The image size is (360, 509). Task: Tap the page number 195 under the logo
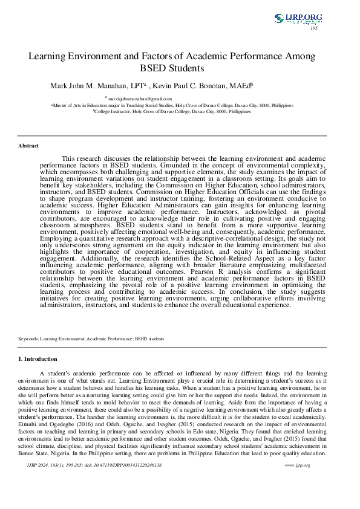point(313,28)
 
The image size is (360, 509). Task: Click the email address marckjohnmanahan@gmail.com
point(140,98)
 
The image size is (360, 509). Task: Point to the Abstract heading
point(28,146)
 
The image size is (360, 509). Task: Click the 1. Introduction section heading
point(38,359)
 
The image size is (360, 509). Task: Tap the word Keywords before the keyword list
point(30,339)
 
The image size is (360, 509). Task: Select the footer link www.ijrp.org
point(297,465)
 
